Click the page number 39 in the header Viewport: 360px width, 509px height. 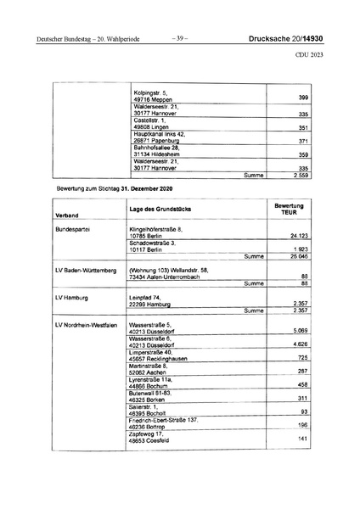(179, 37)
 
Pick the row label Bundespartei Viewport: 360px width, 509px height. (72, 230)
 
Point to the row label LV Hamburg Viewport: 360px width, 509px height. (70, 299)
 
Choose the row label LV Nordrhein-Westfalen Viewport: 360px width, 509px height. (91, 326)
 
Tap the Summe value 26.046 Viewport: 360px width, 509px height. (296, 255)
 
